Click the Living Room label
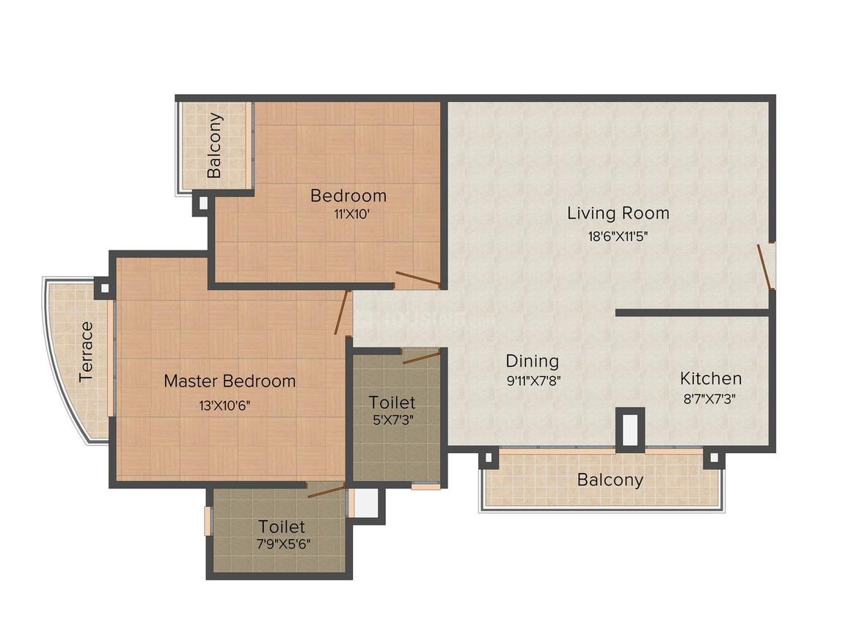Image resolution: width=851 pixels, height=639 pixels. [x=618, y=213]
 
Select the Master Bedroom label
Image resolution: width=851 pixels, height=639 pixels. [x=230, y=381]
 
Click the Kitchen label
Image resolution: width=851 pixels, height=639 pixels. [x=710, y=378]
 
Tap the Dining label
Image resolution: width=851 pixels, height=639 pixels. [x=532, y=361]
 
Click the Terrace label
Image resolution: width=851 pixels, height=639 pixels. [x=87, y=352]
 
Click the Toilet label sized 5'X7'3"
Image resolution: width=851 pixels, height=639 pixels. [x=392, y=402]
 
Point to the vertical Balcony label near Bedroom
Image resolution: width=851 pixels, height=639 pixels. [x=214, y=145]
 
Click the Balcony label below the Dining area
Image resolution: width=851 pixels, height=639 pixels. [x=610, y=480]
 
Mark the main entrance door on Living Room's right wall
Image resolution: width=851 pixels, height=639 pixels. [x=765, y=265]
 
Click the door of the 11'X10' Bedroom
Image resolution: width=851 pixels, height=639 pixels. [x=417, y=280]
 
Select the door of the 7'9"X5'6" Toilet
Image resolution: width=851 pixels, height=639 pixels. [x=326, y=491]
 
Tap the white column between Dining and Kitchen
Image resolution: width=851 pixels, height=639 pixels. [x=629, y=430]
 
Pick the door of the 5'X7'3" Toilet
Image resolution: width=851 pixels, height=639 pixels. [x=421, y=358]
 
